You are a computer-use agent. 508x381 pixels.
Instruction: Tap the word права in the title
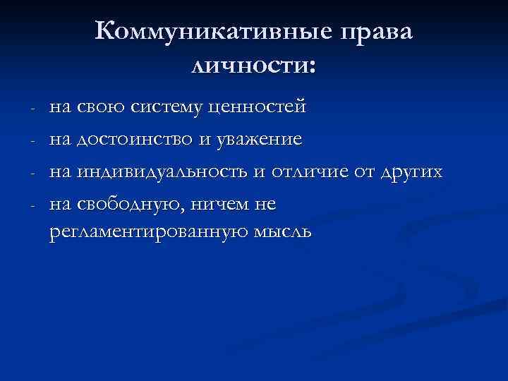(378, 32)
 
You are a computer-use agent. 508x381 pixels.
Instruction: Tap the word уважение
(259, 140)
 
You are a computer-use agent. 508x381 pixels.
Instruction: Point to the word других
(410, 172)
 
